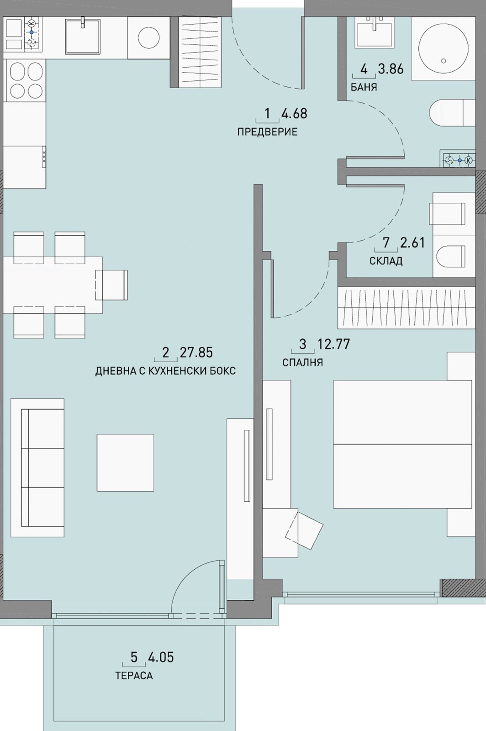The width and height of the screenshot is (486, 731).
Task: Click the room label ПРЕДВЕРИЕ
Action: tap(267, 132)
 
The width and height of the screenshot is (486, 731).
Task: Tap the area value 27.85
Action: tap(196, 353)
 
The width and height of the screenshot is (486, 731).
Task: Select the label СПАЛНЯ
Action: tap(302, 363)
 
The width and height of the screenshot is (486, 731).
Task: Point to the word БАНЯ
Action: tap(364, 87)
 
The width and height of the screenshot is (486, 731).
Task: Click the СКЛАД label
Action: tap(386, 261)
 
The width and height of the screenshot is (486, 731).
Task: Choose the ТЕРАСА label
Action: tap(134, 675)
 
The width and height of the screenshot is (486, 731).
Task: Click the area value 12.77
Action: tap(334, 344)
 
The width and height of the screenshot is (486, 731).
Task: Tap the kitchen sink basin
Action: tap(83, 36)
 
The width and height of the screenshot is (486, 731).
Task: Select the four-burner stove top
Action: tap(26, 81)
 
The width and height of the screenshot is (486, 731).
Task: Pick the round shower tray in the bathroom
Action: tap(443, 48)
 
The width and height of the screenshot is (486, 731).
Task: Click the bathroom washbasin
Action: tap(375, 31)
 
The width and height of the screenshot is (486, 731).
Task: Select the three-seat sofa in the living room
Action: tap(37, 468)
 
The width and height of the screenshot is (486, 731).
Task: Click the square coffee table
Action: tap(125, 462)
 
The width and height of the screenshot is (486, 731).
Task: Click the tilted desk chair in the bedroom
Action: tap(304, 530)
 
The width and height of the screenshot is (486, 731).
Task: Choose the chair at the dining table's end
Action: tap(111, 285)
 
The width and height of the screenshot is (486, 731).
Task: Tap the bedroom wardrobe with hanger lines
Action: tap(407, 308)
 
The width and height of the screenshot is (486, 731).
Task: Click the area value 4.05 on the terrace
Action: tap(161, 657)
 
